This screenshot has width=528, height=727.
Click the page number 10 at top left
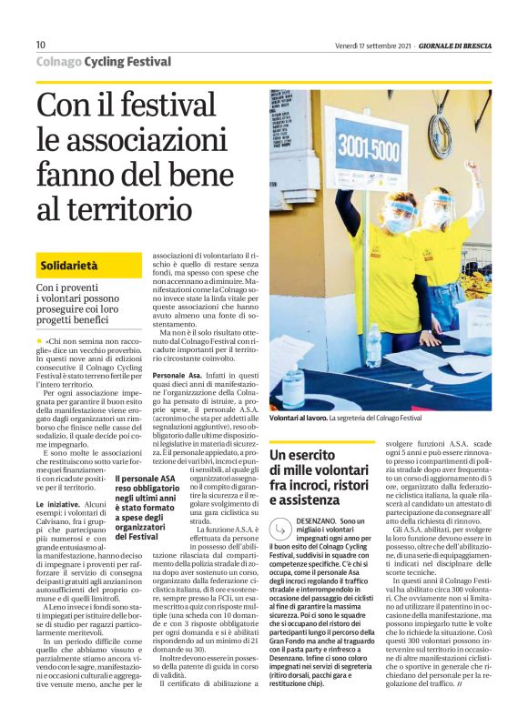41,45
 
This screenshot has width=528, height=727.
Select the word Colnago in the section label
58,62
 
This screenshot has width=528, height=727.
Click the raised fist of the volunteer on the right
471,167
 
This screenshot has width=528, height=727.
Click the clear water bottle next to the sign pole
373,345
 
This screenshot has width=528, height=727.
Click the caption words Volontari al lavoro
297,419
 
